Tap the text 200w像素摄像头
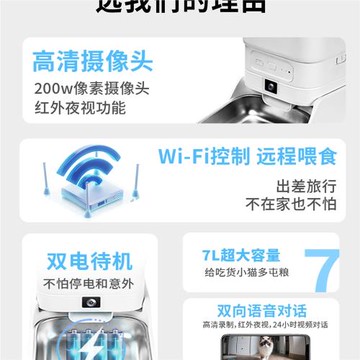coord(89,85)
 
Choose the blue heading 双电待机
coord(89,261)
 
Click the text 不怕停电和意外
coord(89,283)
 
